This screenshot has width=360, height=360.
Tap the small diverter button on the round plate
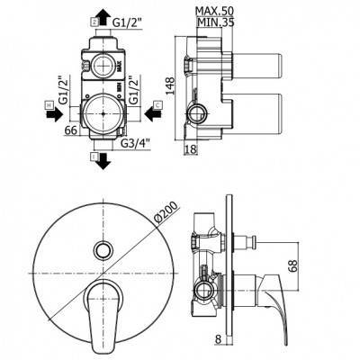point(103,249)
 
